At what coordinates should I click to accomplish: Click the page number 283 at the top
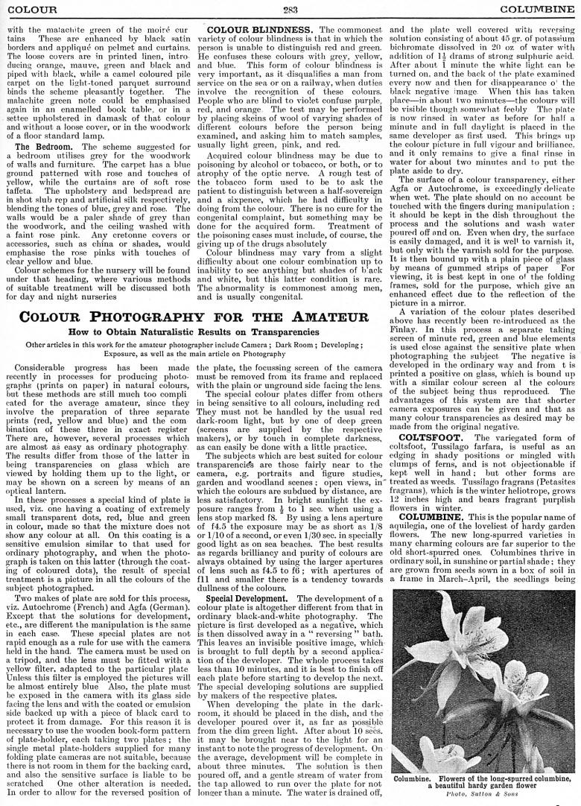coord(290,9)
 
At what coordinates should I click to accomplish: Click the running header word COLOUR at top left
coord(28,9)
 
